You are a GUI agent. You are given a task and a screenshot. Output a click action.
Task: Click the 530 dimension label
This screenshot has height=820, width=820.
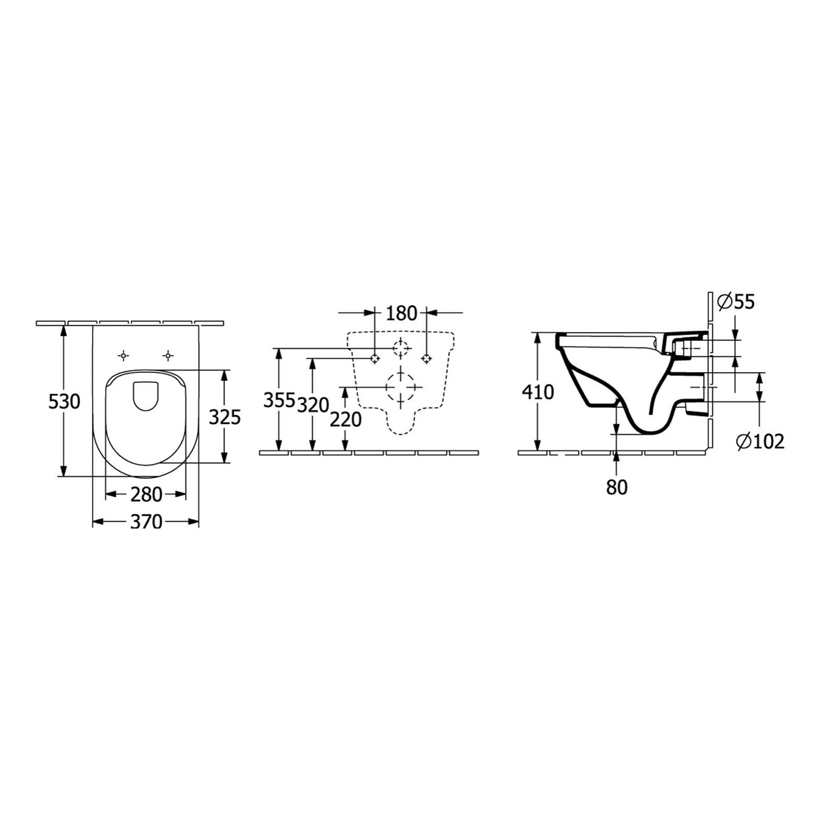coord(64,401)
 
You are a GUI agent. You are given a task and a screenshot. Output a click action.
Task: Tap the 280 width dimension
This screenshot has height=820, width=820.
coord(146,495)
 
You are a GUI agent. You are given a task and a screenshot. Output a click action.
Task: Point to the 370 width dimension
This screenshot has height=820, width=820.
coord(146,522)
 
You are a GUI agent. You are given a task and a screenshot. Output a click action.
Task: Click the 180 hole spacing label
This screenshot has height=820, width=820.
coord(402,313)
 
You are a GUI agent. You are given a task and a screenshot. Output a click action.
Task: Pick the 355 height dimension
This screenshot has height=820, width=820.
coord(279,400)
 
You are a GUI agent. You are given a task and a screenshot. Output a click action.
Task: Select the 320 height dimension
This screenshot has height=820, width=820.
coord(313,405)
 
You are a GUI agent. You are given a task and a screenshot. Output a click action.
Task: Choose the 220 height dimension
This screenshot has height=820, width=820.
coord(345,420)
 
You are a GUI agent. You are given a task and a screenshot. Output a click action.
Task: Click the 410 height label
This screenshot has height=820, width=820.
coord(538,393)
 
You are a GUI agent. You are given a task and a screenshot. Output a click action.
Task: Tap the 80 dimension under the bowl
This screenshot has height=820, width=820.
coord(617,487)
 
